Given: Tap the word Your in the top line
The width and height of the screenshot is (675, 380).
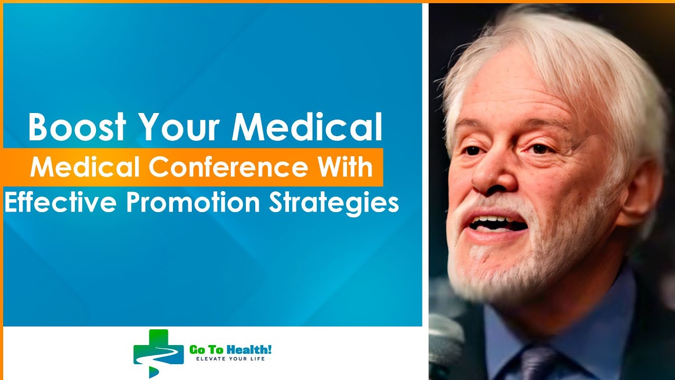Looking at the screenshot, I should (172, 127).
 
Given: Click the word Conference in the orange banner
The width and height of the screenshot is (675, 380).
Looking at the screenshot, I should (227, 167).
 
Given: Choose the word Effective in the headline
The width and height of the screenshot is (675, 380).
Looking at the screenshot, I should (61, 203).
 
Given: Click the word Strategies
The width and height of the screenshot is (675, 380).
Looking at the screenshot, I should (333, 203).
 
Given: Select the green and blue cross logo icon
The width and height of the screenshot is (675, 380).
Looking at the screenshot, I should (158, 353).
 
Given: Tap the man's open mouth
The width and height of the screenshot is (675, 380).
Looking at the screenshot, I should (498, 224).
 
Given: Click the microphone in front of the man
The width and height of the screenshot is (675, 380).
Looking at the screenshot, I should (446, 338).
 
